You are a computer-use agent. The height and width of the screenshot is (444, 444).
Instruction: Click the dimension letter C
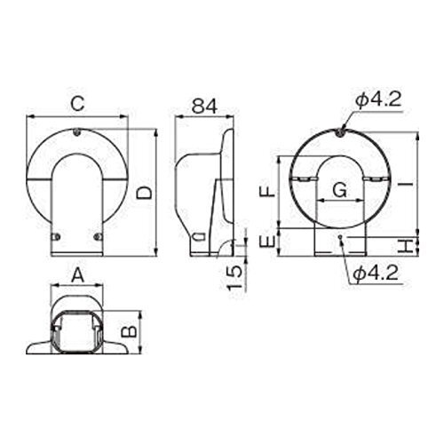pyautogui.click(x=78, y=104)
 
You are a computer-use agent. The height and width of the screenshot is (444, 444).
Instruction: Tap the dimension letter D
pyautogui.click(x=144, y=193)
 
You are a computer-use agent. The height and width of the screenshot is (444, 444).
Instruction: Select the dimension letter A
pyautogui.click(x=78, y=275)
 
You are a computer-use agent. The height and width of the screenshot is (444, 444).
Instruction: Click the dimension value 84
pyautogui.click(x=204, y=106)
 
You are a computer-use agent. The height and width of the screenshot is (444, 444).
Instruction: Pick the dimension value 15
pyautogui.click(x=235, y=278)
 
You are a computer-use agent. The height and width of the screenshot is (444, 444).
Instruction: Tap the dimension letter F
pyautogui.click(x=267, y=191)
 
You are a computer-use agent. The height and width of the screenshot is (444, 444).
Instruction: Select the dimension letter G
pyautogui.click(x=340, y=190)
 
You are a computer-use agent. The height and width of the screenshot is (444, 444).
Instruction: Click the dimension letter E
pyautogui.click(x=267, y=242)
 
